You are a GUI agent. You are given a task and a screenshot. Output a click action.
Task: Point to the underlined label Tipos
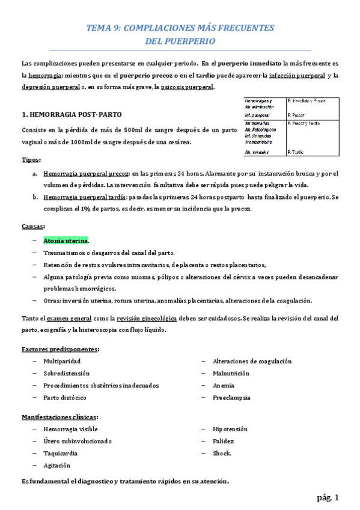[x=31, y=160]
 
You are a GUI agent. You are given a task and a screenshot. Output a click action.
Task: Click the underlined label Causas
[x=33, y=226]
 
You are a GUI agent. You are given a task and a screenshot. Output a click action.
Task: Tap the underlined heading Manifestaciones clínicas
[x=60, y=417]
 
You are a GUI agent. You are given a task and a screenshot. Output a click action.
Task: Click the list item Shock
[x=222, y=453]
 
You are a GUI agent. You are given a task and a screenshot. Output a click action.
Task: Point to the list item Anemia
[x=224, y=386]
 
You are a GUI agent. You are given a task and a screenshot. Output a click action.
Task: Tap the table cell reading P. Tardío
[x=299, y=153]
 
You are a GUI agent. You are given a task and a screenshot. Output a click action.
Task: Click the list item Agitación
[x=57, y=465]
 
